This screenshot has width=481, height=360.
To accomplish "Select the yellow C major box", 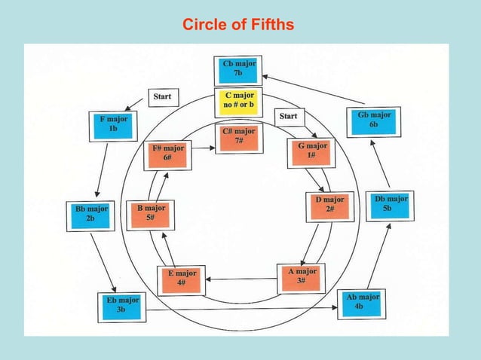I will [x=238, y=102].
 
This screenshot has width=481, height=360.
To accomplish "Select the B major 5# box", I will [x=151, y=213].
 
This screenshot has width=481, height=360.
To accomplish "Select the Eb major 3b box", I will [x=118, y=304].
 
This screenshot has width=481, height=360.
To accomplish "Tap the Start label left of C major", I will [x=161, y=96].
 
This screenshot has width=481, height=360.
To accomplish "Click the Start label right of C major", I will [x=288, y=116].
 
